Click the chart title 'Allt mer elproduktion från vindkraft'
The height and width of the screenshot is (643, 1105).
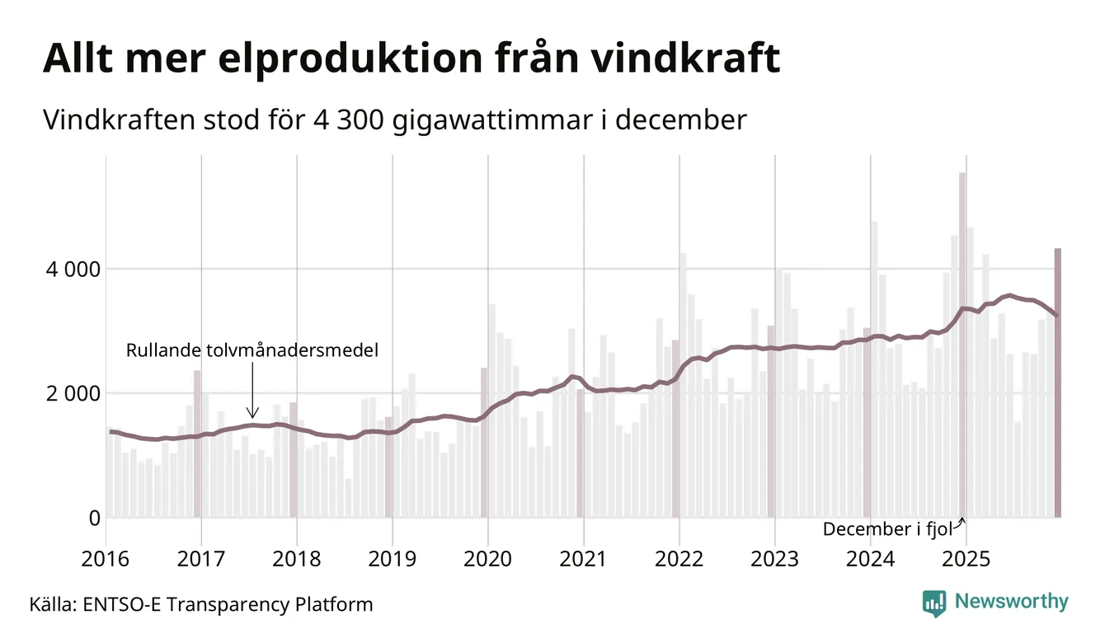[x=411, y=59]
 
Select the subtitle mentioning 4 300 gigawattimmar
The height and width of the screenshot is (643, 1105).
[x=394, y=120]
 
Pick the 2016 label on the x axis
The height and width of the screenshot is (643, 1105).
[x=106, y=560]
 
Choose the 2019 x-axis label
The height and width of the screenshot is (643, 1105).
[x=392, y=560]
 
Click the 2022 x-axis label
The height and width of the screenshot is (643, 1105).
[x=679, y=560]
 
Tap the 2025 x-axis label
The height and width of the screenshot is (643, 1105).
[x=966, y=560]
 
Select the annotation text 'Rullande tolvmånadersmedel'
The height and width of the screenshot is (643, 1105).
[x=252, y=351]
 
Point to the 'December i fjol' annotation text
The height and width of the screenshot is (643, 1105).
[x=887, y=529]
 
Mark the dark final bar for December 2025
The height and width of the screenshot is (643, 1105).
[x=1057, y=383]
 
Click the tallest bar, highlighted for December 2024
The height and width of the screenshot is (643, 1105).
[x=962, y=346]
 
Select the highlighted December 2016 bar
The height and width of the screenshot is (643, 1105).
[x=197, y=445]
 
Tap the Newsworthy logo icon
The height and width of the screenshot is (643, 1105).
[x=934, y=603]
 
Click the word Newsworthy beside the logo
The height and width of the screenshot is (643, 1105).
[x=1011, y=602]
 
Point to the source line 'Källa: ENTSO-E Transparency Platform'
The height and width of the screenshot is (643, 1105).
[x=201, y=605]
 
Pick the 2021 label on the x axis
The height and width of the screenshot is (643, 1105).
[x=583, y=560]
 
